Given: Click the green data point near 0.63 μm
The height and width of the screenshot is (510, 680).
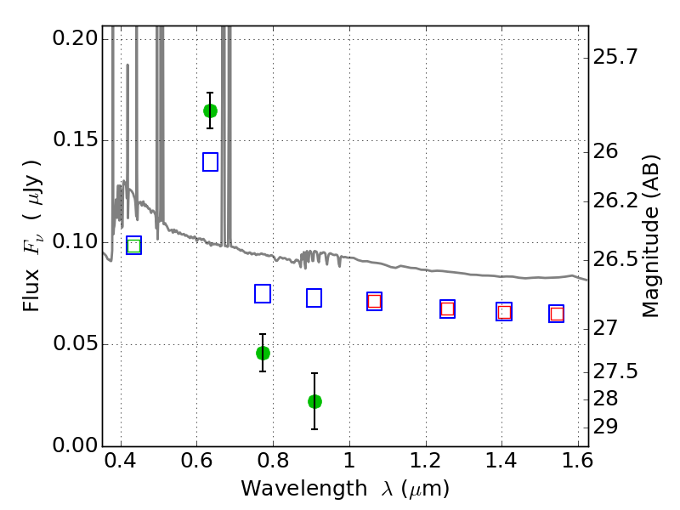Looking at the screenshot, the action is [x=210, y=111].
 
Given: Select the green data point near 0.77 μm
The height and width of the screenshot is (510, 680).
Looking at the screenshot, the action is [x=263, y=353].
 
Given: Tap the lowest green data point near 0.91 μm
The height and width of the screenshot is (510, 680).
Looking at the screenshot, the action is [x=314, y=401].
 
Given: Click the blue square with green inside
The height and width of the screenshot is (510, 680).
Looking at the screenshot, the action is [x=134, y=246].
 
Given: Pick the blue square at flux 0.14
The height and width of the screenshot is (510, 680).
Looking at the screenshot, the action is [x=210, y=161].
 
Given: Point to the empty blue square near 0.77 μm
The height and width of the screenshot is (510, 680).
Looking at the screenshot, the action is [x=263, y=293].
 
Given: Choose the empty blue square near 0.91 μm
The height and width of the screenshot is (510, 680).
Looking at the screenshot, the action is [x=314, y=298].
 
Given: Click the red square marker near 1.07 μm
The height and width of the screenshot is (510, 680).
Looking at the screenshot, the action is [x=374, y=302].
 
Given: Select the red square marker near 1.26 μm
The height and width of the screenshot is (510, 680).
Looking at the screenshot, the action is [x=448, y=309].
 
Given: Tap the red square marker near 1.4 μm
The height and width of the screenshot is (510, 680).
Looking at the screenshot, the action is [x=504, y=312].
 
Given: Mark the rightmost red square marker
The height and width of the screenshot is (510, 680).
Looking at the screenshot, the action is [x=557, y=314].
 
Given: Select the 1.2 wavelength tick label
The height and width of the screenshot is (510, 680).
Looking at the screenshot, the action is [x=426, y=461].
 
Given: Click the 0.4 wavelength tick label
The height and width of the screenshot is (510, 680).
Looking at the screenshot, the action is [x=121, y=461].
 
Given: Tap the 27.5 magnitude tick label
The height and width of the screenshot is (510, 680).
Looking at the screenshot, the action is [x=615, y=371].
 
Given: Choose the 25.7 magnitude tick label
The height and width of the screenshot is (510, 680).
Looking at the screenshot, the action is [x=615, y=57].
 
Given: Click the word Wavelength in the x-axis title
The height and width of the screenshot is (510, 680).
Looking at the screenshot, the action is [x=304, y=489].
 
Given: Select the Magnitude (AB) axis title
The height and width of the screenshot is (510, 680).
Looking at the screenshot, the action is [x=649, y=236].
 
